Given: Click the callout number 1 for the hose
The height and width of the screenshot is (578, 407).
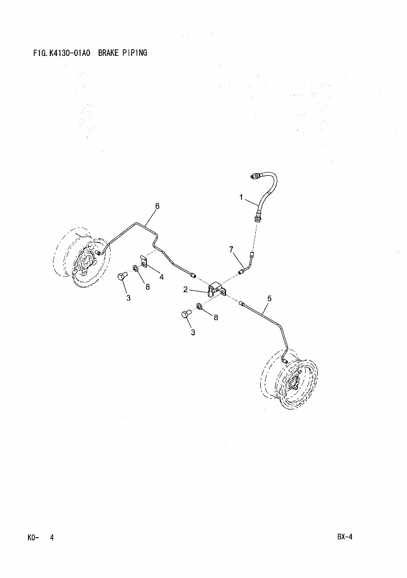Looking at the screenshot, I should tap(242, 198).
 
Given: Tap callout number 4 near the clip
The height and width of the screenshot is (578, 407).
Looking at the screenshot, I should tap(161, 277).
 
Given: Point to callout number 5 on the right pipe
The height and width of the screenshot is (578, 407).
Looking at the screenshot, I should tap(269, 299).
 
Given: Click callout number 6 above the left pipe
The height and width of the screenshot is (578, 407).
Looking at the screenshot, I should tap(157, 206).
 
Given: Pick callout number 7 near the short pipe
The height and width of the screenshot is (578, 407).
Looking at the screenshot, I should tap(231, 250).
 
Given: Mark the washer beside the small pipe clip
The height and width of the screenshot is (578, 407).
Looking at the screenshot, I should tap(135, 268).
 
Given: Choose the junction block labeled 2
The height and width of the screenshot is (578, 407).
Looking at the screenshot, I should tap(216, 288).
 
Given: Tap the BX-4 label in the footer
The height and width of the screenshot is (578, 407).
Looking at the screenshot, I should tap(344, 536).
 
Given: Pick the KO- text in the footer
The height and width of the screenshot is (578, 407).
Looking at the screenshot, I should tap(33, 537).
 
